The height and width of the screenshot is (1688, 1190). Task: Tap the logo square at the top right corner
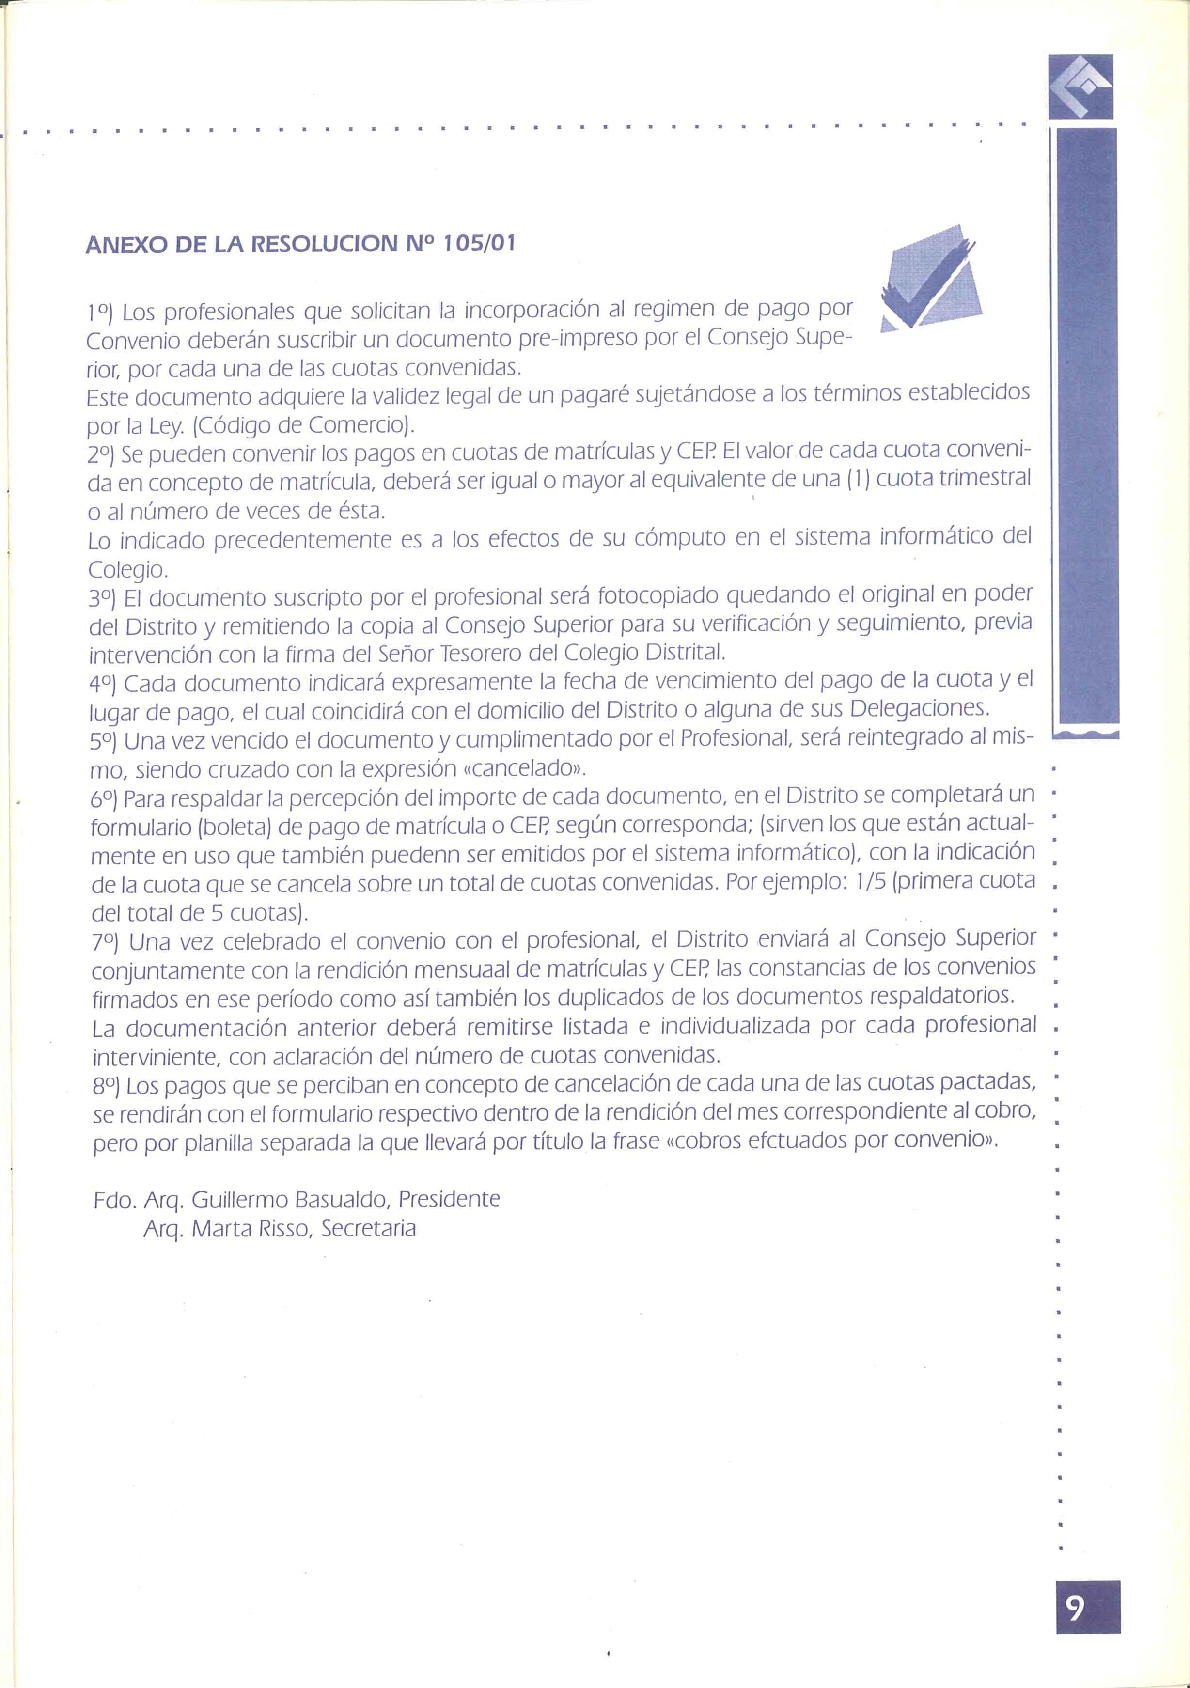(1080, 86)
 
